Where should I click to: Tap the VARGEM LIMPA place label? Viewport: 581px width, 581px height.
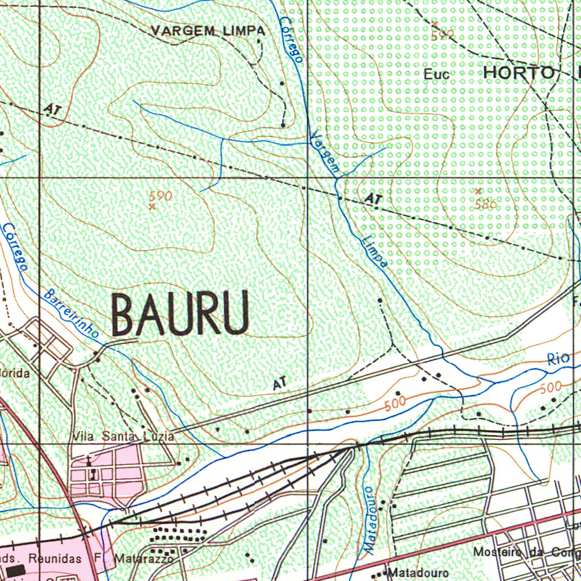[x=208, y=31]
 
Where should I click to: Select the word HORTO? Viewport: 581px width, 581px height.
[x=519, y=73]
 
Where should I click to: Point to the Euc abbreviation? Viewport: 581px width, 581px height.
[x=436, y=74]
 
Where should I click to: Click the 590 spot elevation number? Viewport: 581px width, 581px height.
[x=160, y=196]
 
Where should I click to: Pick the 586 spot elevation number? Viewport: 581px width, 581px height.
[x=486, y=204]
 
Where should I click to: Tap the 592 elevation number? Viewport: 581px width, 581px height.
[x=442, y=35]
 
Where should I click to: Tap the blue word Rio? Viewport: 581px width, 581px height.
[x=558, y=359]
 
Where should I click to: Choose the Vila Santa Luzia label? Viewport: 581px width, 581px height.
[x=123, y=436]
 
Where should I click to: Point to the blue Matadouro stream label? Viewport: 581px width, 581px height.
[x=369, y=519]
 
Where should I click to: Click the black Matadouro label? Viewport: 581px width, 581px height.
[x=419, y=573]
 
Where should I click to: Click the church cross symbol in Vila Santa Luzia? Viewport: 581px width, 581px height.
[x=89, y=459]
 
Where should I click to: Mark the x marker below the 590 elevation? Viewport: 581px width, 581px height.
[x=152, y=207]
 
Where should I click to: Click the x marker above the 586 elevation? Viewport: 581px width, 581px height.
[x=478, y=191]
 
